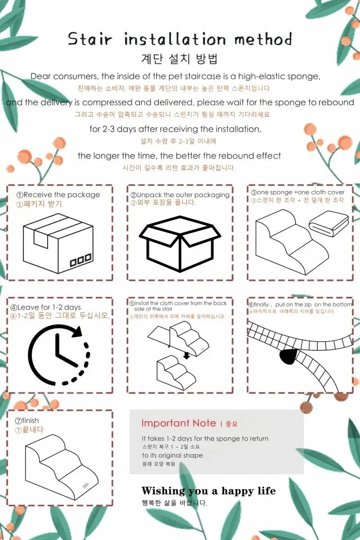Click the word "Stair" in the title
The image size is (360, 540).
pos(90,39)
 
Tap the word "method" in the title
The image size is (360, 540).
pos(263,39)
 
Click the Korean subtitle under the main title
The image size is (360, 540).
pos(180,59)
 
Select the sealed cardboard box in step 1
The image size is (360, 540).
pos(58,243)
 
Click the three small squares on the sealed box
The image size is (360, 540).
pos(81,261)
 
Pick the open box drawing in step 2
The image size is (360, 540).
pos(180,243)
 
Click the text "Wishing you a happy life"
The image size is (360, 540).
pos(208,491)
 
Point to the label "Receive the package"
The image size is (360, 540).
pos(62,194)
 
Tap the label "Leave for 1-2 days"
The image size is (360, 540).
pos(49,307)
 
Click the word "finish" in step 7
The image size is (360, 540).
pos(31,420)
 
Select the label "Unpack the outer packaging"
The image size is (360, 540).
pos(183,195)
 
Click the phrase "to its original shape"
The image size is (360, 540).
pos(172,455)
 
